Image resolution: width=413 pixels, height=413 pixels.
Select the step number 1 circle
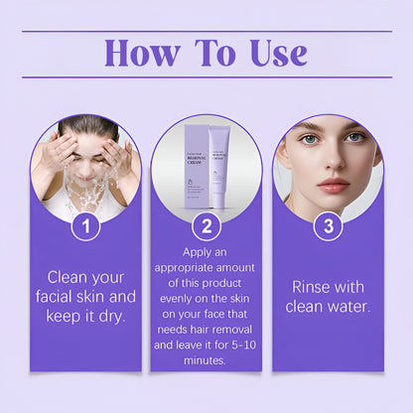pyautogui.click(x=85, y=226)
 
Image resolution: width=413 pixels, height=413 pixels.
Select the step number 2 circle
pyautogui.click(x=206, y=226)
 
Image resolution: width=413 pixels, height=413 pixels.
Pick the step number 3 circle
pyautogui.click(x=327, y=226)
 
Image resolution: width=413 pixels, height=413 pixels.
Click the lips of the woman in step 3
pyautogui.click(x=333, y=186)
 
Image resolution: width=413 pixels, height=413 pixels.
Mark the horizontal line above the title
pyautogui.click(x=206, y=31)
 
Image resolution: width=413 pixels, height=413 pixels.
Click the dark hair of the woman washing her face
pyautogui.click(x=87, y=125)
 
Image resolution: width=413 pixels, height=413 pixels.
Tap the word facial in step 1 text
pyautogui.click(x=59, y=297)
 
